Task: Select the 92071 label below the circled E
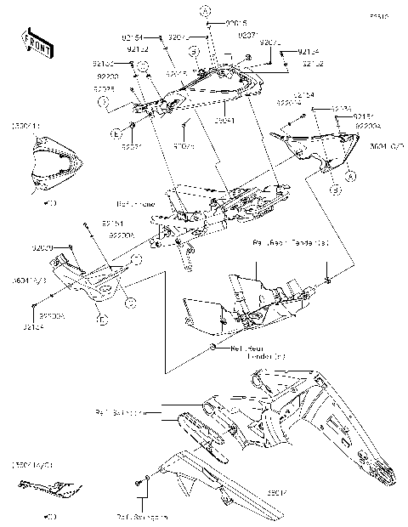coord(131,148)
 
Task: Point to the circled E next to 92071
coord(115,134)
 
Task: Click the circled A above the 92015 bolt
coord(204,10)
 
